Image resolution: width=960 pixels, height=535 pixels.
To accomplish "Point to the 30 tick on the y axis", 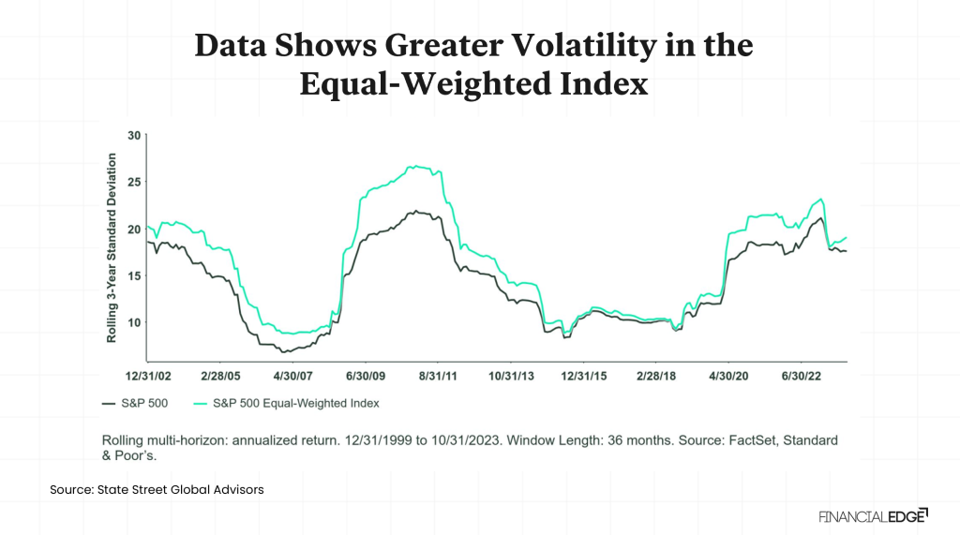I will (133, 136).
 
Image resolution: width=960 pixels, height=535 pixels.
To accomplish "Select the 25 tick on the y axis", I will (133, 182).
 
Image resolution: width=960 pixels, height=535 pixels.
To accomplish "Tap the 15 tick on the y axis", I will (133, 275).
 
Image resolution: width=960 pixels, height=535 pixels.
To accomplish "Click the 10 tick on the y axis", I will (133, 322).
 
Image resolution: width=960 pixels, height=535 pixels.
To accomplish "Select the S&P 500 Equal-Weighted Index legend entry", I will (290, 403).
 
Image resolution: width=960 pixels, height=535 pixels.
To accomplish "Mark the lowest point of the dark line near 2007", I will (284, 351).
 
